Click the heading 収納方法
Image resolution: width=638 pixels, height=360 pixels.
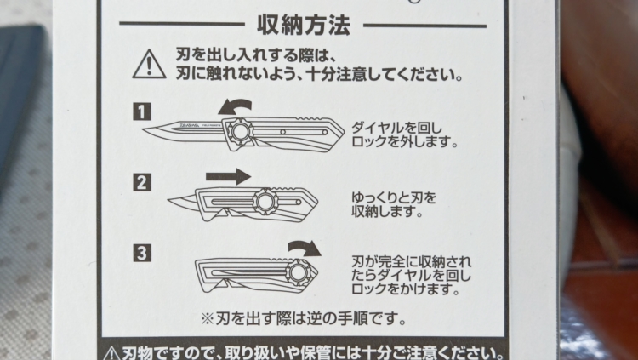pos(304,26)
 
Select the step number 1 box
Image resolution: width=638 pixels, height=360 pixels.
pos(142,111)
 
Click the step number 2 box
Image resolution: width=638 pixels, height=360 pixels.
pos(142,182)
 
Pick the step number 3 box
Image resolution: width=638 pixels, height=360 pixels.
pos(142,253)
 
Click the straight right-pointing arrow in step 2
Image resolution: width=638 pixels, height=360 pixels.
pos(228,176)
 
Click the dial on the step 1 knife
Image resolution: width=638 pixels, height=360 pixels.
pos(237,131)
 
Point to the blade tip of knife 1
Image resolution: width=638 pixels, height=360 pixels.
pos(144,129)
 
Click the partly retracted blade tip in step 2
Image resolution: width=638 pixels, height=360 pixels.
pos(169,200)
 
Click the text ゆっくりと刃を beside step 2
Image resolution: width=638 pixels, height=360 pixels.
pos(394,198)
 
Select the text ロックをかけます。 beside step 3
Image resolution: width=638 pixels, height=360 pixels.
pos(406,289)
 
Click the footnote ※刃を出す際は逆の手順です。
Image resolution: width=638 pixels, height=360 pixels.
pos(304,318)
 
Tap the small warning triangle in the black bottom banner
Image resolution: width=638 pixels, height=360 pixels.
pos(111,353)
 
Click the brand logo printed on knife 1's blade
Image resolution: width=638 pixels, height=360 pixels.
pos(187,124)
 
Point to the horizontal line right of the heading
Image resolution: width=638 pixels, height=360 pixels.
pos(424,26)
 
